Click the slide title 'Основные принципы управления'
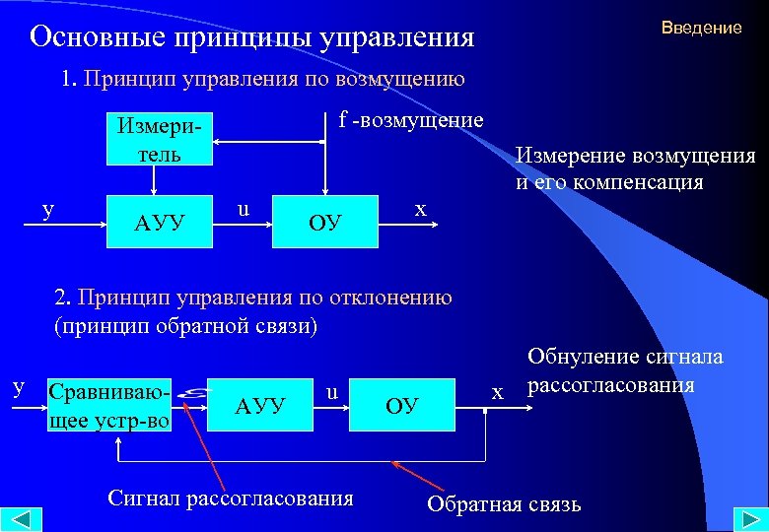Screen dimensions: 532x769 click(251, 37)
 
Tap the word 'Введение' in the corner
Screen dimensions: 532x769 click(701, 28)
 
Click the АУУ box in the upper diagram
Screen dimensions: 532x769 click(160, 220)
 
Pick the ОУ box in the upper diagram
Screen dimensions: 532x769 click(324, 220)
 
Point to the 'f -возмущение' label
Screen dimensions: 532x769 click(411, 120)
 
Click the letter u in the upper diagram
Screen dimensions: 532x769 click(243, 209)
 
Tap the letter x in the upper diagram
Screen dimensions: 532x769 click(421, 209)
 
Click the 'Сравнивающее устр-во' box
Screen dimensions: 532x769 click(109, 404)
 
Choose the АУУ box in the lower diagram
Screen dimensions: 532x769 click(260, 404)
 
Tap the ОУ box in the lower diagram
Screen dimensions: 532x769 click(401, 405)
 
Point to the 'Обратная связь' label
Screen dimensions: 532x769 click(504, 504)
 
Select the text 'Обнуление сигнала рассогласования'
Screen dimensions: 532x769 click(625, 370)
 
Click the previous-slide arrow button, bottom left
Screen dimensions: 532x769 click(22, 518)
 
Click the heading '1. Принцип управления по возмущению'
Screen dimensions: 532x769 click(261, 78)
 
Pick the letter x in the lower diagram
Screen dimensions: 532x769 click(498, 392)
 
